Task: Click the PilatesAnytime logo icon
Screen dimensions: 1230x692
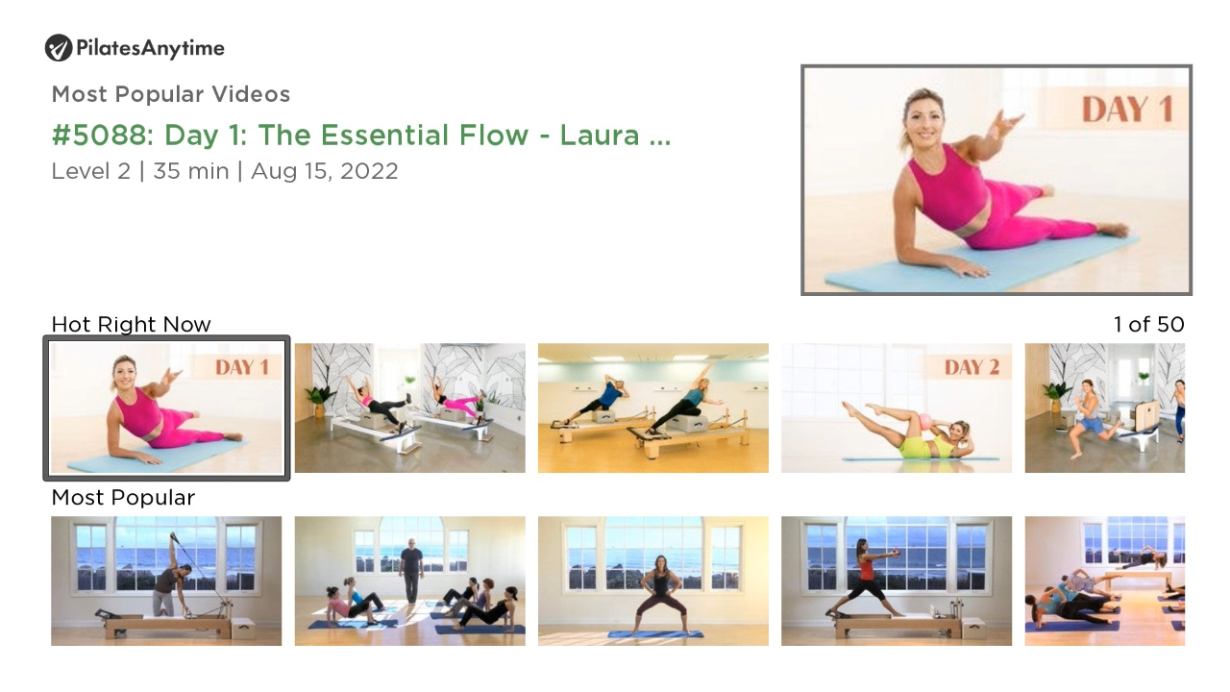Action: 59,48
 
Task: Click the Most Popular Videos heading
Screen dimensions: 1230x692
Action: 171,94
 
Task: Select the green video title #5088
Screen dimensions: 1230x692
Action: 361,136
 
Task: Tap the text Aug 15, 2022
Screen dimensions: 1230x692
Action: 325,171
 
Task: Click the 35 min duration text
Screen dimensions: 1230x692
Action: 191,171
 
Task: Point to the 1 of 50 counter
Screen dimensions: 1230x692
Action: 1148,325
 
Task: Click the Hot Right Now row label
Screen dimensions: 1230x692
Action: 132,325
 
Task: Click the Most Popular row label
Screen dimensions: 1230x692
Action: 123,498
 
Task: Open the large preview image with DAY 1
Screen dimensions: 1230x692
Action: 996,180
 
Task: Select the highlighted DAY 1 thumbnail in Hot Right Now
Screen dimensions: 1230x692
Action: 166,408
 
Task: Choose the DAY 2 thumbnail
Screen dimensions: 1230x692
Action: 897,408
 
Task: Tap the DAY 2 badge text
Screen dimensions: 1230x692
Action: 972,367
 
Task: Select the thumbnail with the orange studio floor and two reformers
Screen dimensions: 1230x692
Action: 653,408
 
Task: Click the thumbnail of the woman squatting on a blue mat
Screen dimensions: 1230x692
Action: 653,581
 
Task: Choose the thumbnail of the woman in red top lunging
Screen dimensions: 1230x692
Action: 897,581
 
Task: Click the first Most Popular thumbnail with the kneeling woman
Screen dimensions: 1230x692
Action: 166,581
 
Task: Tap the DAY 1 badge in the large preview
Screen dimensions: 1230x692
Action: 1127,110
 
